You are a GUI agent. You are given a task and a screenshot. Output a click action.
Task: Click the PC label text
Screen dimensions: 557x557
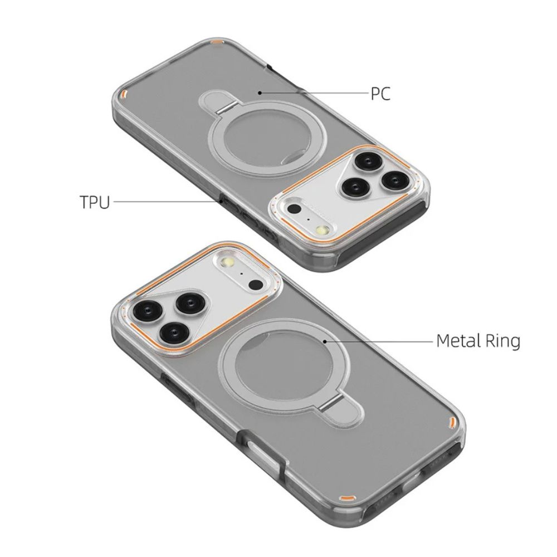380,94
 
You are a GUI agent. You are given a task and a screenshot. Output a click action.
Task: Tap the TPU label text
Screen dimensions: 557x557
95,202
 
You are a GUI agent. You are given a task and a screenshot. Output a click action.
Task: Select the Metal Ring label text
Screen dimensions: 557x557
478,341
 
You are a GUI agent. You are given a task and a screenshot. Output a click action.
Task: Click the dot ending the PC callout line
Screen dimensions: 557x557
260,93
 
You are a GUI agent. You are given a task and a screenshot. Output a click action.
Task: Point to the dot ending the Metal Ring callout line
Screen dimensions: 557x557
325,341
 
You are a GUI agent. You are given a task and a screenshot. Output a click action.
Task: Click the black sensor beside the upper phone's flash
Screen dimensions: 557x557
294,209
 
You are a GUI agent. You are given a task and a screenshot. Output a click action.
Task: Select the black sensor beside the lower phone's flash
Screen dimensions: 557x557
255,285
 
